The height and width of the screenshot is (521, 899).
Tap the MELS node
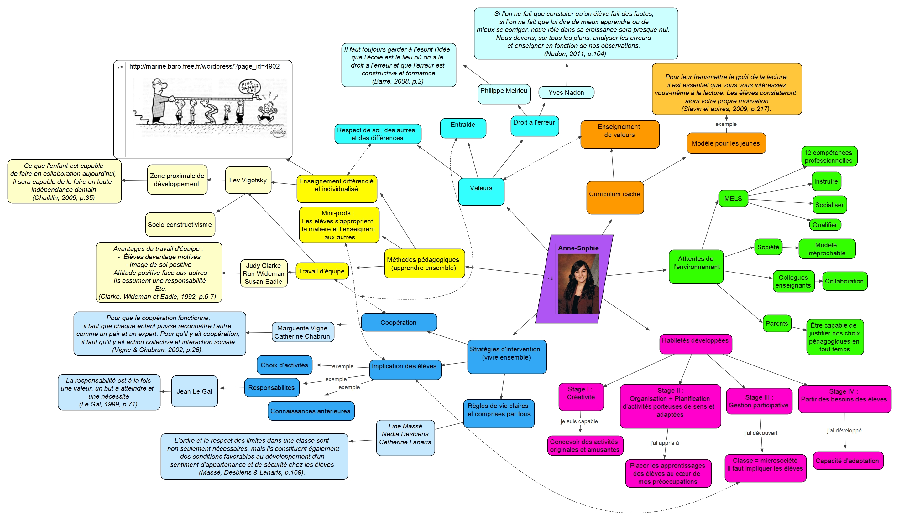[733, 198]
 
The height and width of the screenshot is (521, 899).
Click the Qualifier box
[824, 224]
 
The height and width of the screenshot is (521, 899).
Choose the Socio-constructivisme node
[180, 224]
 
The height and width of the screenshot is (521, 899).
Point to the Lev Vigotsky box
[248, 180]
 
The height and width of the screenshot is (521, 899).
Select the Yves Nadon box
[566, 93]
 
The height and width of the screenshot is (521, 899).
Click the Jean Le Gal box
[194, 391]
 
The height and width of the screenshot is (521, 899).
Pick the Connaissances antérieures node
[310, 411]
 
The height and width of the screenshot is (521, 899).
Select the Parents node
[776, 323]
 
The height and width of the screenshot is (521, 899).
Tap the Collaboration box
[844, 281]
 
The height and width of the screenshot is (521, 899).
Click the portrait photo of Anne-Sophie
[578, 284]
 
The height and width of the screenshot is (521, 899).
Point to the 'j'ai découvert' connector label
[760, 433]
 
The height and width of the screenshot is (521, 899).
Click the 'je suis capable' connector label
[579, 421]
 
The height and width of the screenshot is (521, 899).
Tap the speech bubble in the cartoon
[249, 87]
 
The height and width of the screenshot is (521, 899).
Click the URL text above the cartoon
[204, 66]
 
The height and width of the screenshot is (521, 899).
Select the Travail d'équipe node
[321, 271]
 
